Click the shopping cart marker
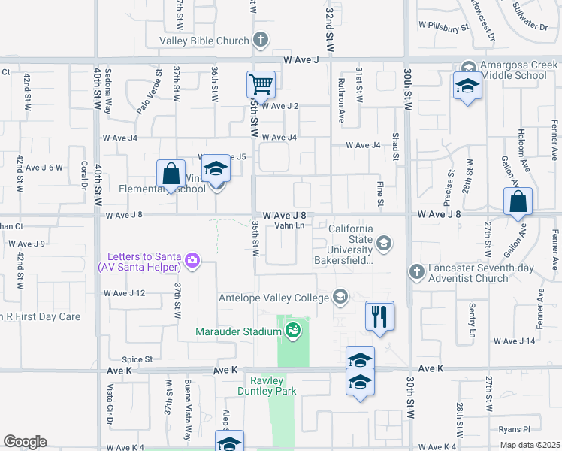(261, 84)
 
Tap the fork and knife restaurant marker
(379, 316)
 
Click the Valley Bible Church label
(204, 41)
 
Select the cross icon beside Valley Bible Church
(261, 40)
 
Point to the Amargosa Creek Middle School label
(514, 71)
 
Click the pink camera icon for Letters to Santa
(193, 261)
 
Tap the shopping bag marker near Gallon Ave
(518, 201)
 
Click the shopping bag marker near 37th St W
(171, 174)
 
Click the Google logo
(25, 442)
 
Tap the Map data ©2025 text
(530, 445)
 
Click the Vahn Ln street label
(289, 225)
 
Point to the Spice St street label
(137, 360)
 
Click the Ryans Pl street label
(515, 429)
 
